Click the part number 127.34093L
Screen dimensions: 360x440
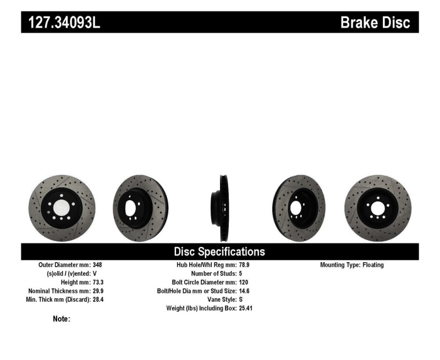coord(61,23)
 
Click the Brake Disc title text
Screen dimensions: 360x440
coord(375,23)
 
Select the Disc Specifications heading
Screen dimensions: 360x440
coord(219,252)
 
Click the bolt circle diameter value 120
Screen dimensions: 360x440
coord(244,282)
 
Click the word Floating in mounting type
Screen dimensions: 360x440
coord(373,265)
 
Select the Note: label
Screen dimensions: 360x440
coord(61,319)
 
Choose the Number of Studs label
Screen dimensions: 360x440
coord(213,274)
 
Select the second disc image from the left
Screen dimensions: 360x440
coord(140,208)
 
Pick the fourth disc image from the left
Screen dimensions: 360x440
coord(299,208)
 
